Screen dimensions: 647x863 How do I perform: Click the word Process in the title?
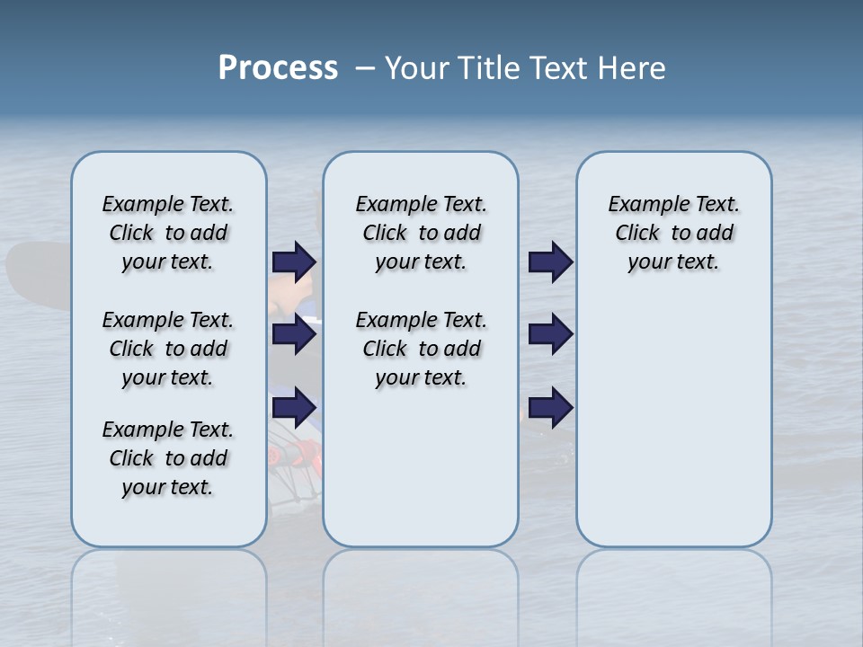(278, 68)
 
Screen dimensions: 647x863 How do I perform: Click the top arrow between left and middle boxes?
(294, 261)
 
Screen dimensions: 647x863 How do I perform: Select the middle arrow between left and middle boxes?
(294, 334)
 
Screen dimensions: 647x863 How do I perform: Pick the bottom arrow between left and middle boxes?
(294, 408)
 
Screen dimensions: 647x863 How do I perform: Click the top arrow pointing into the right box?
(550, 261)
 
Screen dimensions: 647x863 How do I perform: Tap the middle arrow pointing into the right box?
(550, 334)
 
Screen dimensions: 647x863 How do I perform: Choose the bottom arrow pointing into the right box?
(550, 408)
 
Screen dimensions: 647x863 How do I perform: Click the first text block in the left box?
(168, 233)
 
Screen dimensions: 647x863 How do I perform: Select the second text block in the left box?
(168, 349)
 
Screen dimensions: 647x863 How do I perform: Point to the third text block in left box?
(168, 458)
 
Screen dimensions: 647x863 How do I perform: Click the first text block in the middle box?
(421, 233)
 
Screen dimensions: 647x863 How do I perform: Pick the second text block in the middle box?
(421, 349)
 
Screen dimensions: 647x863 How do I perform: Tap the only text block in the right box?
(673, 233)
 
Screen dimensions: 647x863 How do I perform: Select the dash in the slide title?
(365, 68)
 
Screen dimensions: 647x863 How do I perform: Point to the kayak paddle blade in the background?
(36, 270)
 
